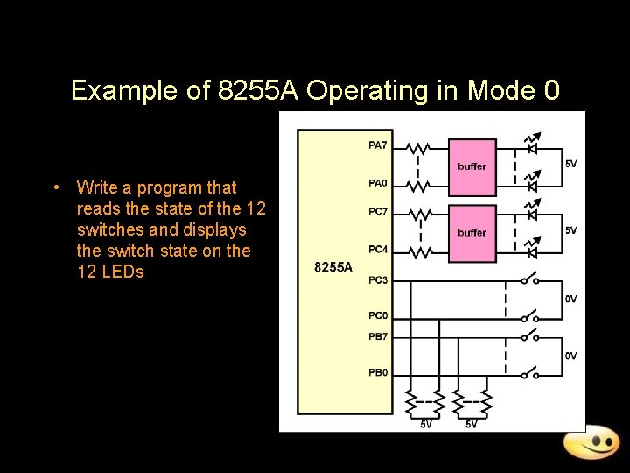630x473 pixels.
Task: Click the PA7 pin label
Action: point(378,145)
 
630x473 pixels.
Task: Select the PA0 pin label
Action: point(378,183)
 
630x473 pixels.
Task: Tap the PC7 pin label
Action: point(378,211)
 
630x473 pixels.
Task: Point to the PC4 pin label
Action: point(378,250)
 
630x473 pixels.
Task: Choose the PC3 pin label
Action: point(378,280)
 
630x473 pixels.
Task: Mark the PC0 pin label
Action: point(378,316)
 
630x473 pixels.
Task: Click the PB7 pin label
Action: point(378,336)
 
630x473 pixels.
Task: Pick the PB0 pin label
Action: point(378,373)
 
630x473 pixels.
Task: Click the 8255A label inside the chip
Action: point(333,267)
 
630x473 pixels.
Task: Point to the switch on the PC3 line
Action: point(529,280)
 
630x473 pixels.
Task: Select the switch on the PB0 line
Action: point(529,374)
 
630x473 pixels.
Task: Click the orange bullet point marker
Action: point(55,187)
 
